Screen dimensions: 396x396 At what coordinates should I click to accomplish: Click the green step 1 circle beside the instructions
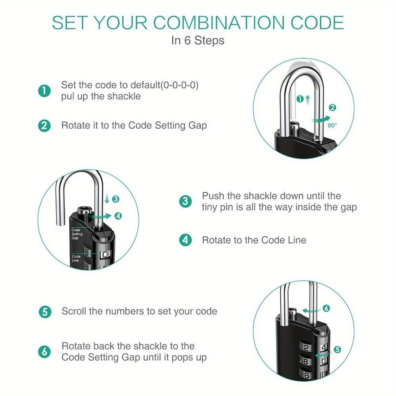(44, 91)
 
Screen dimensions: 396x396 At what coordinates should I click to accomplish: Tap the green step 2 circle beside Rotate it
(44, 126)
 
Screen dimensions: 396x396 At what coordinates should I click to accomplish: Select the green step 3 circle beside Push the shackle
(185, 202)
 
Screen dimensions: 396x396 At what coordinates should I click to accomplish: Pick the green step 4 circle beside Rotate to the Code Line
(185, 240)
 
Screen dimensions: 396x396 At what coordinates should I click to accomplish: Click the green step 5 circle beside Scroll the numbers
(45, 311)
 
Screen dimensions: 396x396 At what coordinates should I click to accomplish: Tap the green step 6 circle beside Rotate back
(45, 352)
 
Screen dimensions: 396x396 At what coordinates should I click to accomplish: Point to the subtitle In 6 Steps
(198, 40)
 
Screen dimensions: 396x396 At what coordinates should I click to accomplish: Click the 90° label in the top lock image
(332, 125)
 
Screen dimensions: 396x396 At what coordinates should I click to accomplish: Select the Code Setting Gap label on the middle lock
(77, 234)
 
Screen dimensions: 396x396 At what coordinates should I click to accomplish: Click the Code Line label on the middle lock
(76, 259)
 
